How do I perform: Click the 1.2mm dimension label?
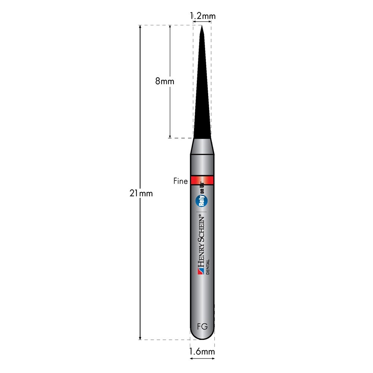pos(203,16)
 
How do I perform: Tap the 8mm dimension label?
pos(164,81)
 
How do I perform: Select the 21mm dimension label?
pos(141,193)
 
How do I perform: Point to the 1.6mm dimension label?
pos(202,351)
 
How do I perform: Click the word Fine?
pos(181,181)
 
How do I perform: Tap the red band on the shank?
pos(202,181)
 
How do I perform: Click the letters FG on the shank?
pos(203,326)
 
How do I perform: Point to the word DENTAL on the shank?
pos(208,267)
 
